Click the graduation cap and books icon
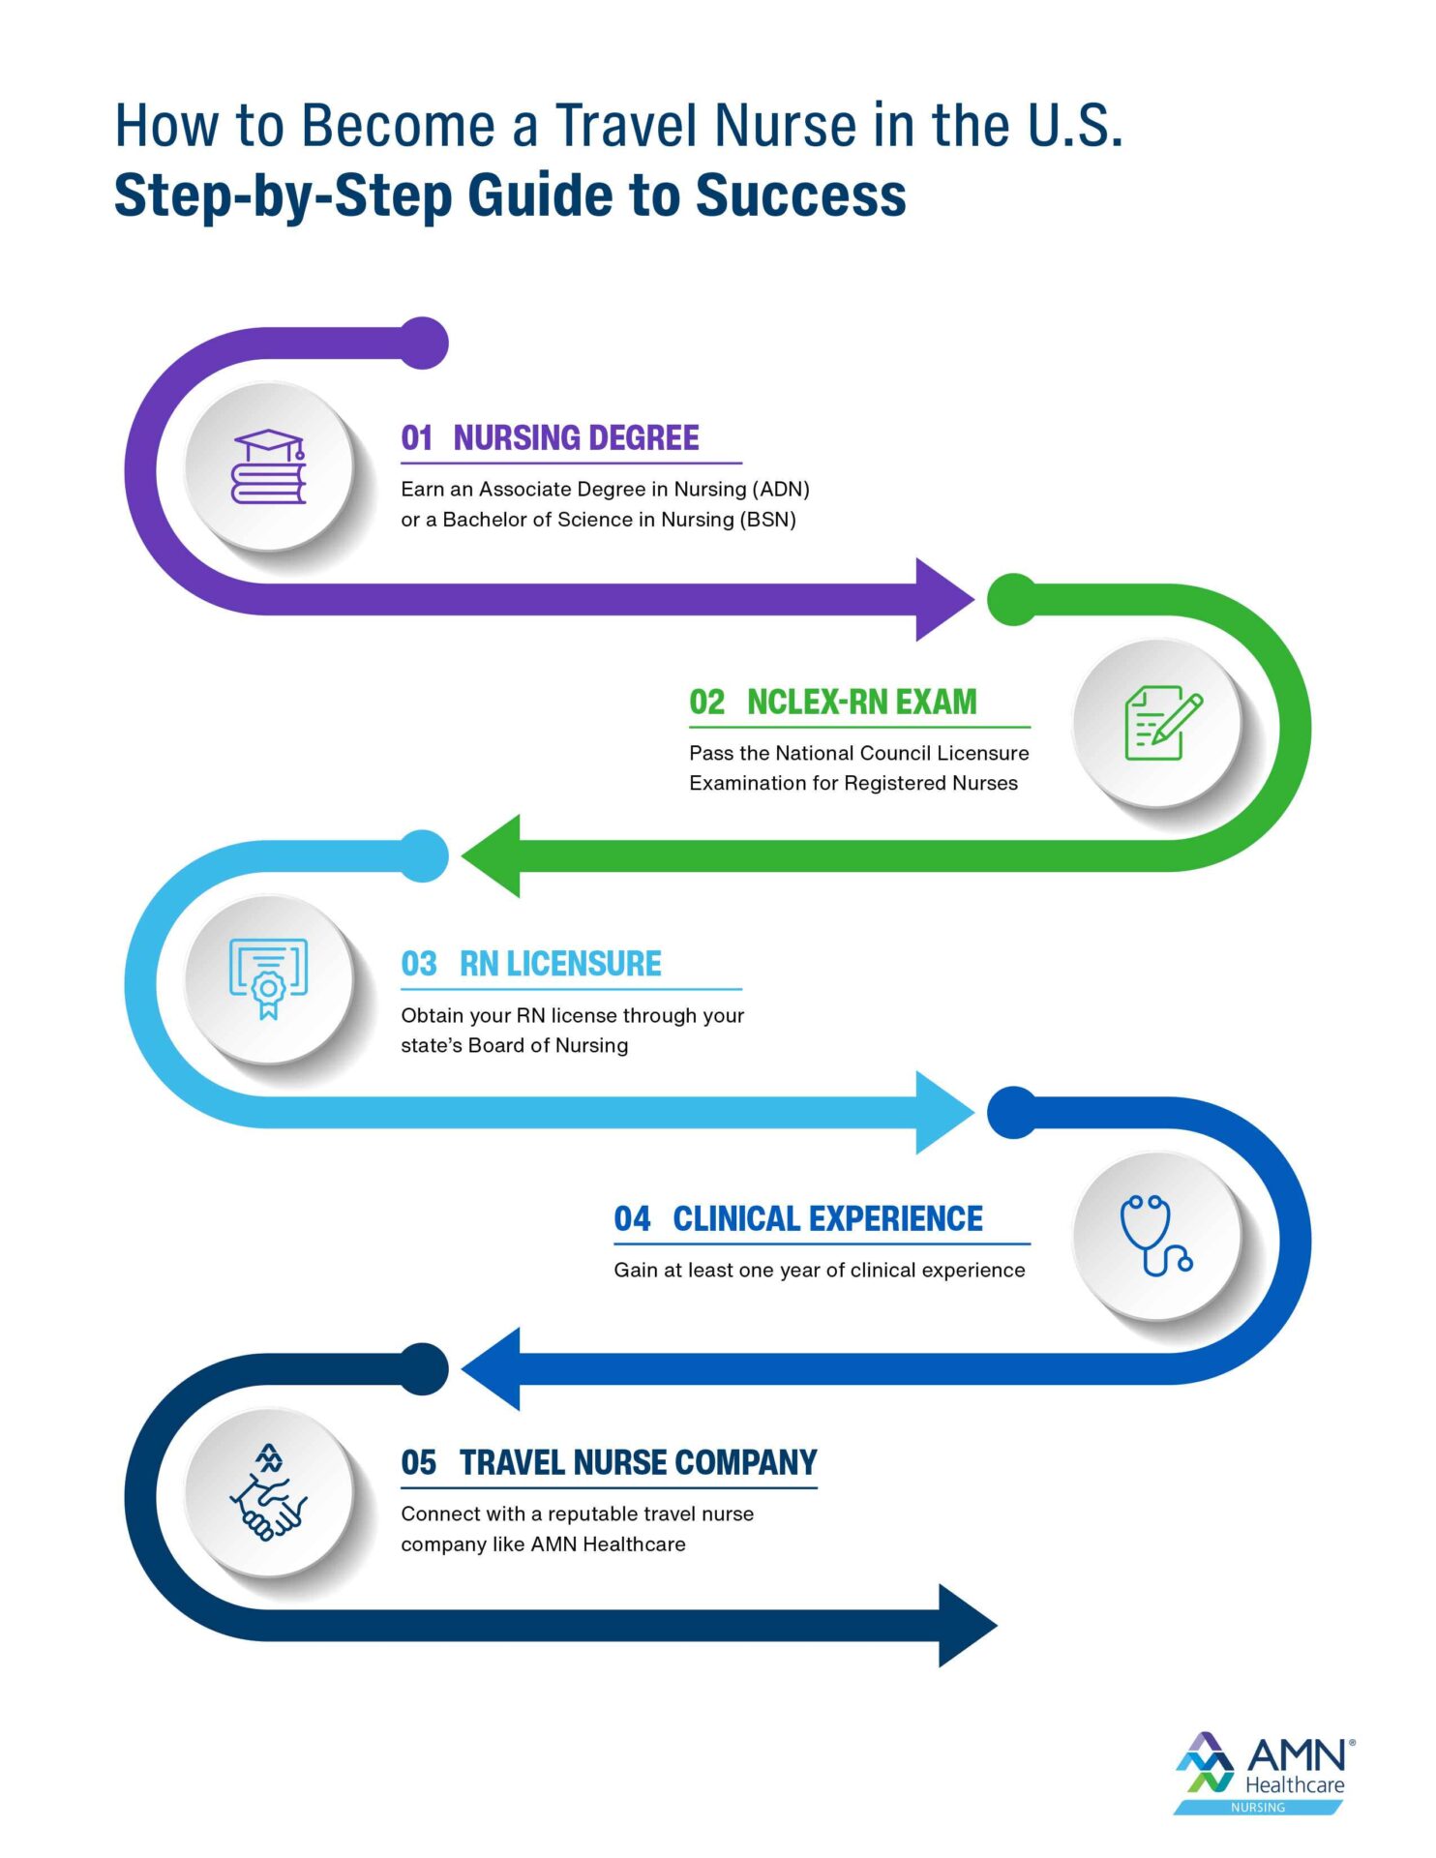point(268,466)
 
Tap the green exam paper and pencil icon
point(1162,723)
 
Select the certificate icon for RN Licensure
point(268,977)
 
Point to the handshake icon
point(268,1492)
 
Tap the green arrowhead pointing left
point(492,856)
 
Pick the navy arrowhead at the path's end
point(968,1625)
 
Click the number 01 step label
point(417,438)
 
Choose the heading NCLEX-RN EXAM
point(861,702)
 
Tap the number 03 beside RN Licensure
point(419,964)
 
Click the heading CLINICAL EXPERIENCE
point(827,1218)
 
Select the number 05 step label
point(419,1462)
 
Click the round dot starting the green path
point(1013,599)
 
